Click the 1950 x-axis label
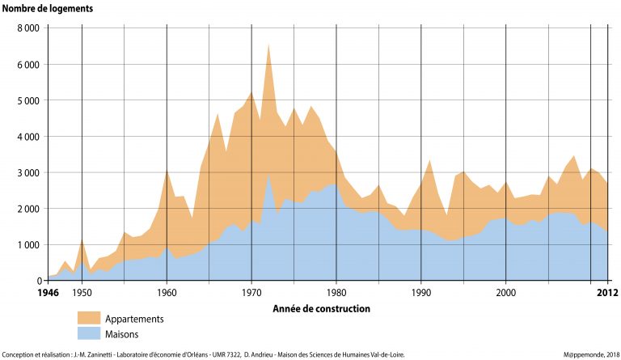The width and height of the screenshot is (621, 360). pyautogui.click(x=82, y=293)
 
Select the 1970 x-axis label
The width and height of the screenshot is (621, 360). pyautogui.click(x=251, y=293)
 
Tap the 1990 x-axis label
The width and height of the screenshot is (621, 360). pyautogui.click(x=421, y=293)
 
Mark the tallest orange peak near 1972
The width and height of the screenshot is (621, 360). pyautogui.click(x=268, y=45)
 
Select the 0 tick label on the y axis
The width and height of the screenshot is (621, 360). pyautogui.click(x=38, y=281)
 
